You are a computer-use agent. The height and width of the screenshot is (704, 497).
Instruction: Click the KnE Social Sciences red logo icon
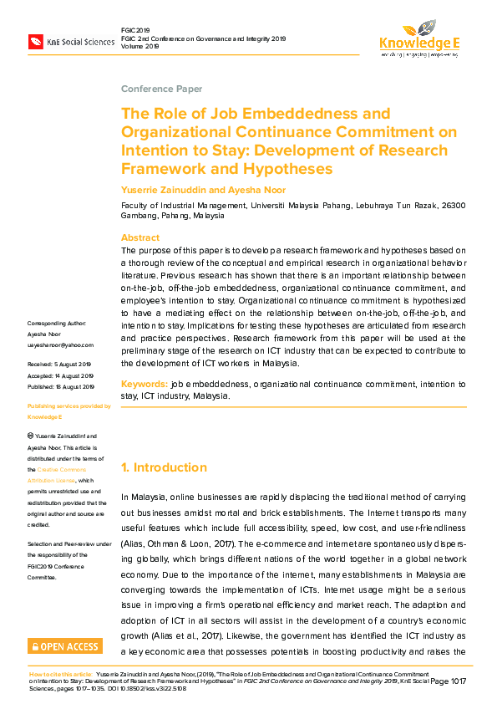[x=36, y=41]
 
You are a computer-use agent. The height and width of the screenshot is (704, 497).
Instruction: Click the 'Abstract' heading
[x=139, y=237]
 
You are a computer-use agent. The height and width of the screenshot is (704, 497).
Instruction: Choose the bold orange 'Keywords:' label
[x=144, y=384]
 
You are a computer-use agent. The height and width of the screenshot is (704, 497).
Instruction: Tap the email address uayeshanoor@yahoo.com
[x=60, y=344]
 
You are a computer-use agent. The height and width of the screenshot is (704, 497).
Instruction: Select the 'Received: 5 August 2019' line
[x=59, y=365]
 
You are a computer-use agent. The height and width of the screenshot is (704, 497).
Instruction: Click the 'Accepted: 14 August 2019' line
[x=61, y=375]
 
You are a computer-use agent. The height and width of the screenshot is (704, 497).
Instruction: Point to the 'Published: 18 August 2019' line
[x=61, y=386]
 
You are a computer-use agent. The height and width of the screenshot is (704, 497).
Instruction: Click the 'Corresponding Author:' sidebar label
[x=56, y=323]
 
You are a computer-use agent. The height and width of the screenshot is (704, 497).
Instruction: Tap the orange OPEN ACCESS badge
[x=65, y=645]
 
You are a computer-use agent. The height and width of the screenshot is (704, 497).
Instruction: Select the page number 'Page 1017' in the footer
[x=449, y=681]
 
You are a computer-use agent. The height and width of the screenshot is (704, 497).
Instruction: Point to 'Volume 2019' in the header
[x=139, y=48]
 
